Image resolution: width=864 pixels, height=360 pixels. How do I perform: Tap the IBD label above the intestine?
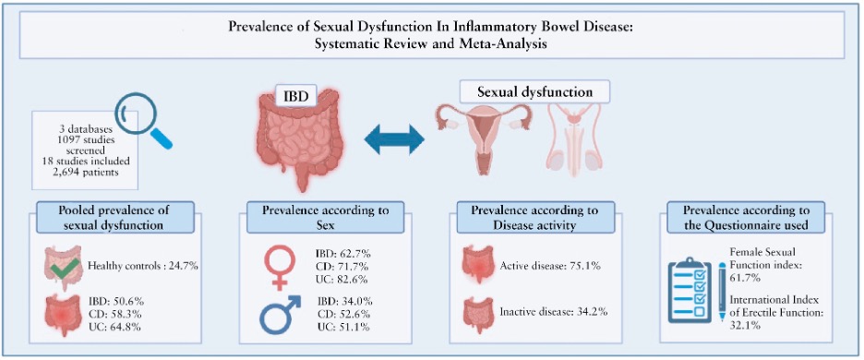294,95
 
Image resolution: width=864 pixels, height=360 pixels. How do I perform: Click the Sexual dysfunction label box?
536,92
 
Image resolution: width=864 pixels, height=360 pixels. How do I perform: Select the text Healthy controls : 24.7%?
143,268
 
